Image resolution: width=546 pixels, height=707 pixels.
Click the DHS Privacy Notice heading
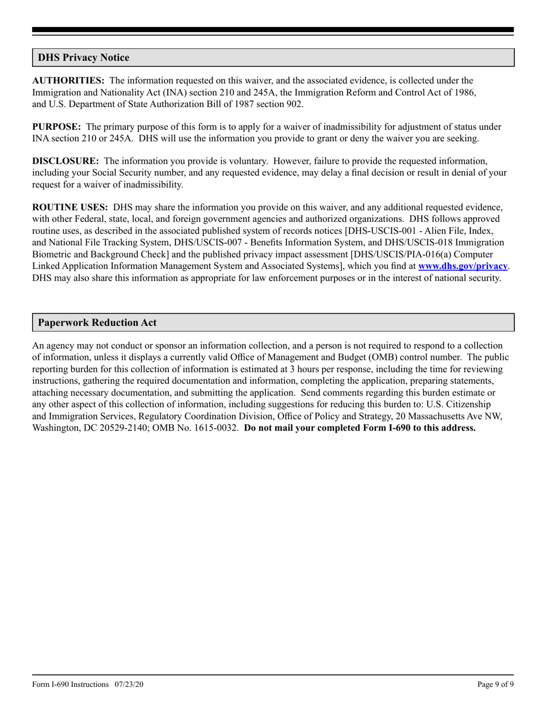83,57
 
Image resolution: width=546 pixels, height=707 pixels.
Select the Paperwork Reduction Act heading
97,322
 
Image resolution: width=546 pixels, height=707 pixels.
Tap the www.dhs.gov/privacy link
463,266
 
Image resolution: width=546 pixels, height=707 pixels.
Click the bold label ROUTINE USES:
70,208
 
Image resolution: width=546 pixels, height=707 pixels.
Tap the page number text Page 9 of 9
495,684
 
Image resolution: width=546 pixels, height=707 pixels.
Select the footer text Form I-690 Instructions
70,684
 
